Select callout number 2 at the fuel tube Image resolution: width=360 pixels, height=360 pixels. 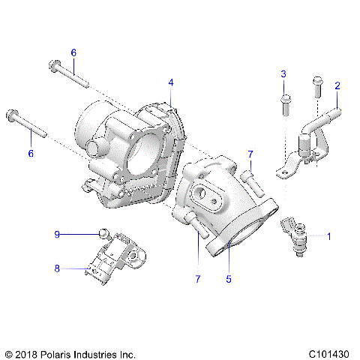click(x=337, y=86)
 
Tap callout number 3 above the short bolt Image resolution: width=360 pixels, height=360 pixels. click(x=283, y=73)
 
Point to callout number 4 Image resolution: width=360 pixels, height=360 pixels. click(x=171, y=82)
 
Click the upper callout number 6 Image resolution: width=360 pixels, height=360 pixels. click(x=73, y=52)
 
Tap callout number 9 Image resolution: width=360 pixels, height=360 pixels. click(x=56, y=234)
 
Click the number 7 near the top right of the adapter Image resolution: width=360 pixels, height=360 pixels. click(x=251, y=154)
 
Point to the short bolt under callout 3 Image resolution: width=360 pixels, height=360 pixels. click(x=284, y=103)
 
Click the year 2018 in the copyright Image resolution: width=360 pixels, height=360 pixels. click(x=27, y=352)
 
